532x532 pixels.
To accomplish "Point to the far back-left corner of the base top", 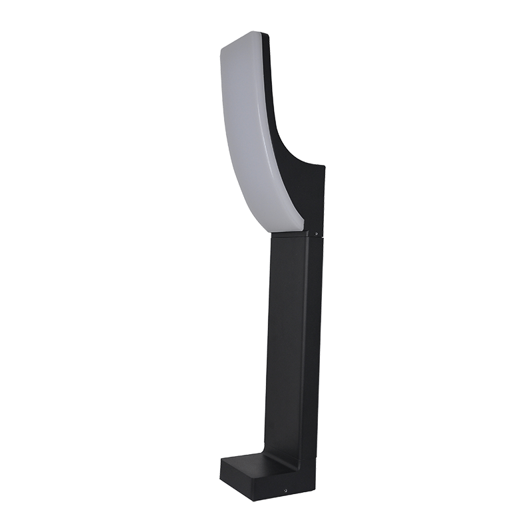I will pyautogui.click(x=223, y=457).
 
